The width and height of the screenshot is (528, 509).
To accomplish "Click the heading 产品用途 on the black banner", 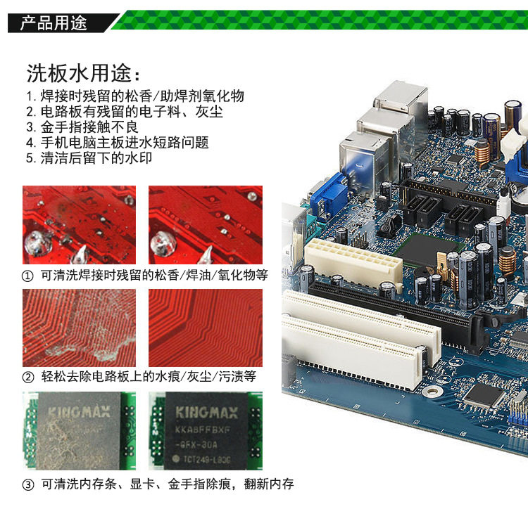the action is [x=54, y=23].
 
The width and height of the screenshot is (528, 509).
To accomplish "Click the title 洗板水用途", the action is [x=83, y=73].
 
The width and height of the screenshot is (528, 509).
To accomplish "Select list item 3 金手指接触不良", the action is [x=82, y=127].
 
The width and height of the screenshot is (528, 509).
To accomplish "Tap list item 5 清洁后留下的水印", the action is [x=89, y=158].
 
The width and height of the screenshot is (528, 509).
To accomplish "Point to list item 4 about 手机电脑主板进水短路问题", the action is [x=118, y=143].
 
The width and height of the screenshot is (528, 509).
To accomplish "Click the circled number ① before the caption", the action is [x=27, y=276].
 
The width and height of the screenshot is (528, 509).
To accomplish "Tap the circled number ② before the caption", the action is [x=28, y=378].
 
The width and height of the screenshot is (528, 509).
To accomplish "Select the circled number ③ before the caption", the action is [x=28, y=485].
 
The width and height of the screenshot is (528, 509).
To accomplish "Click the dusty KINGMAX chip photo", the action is [x=79, y=431].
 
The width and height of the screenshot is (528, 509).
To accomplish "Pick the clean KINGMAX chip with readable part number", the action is [x=206, y=431].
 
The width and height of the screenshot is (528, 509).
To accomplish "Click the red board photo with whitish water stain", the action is [x=79, y=328].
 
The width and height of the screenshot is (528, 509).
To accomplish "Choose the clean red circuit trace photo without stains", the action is [x=206, y=328].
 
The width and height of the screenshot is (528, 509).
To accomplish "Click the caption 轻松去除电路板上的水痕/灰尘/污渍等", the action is [x=149, y=377].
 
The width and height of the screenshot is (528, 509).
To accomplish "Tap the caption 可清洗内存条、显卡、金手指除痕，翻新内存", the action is [x=168, y=484].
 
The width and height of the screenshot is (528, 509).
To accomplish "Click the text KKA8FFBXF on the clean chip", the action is [x=202, y=430].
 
